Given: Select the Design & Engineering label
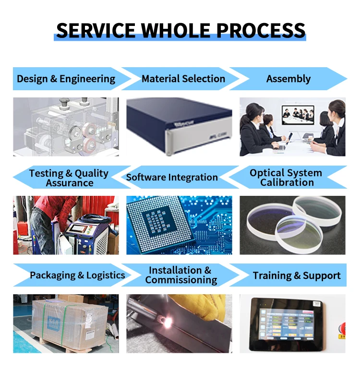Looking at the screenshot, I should pyautogui.click(x=66, y=79).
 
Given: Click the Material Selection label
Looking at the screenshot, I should pyautogui.click(x=183, y=79).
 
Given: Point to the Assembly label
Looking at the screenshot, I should pyautogui.click(x=288, y=79).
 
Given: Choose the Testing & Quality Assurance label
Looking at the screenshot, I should pyautogui.click(x=69, y=178).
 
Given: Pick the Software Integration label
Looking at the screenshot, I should pyautogui.click(x=172, y=178).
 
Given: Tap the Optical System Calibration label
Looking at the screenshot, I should pyautogui.click(x=286, y=178).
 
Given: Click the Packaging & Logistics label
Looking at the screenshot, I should pyautogui.click(x=77, y=275).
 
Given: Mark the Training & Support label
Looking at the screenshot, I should pyautogui.click(x=297, y=276).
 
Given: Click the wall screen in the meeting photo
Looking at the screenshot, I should pyautogui.click(x=296, y=115).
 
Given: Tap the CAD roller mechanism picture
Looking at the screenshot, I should pyautogui.click(x=66, y=127).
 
